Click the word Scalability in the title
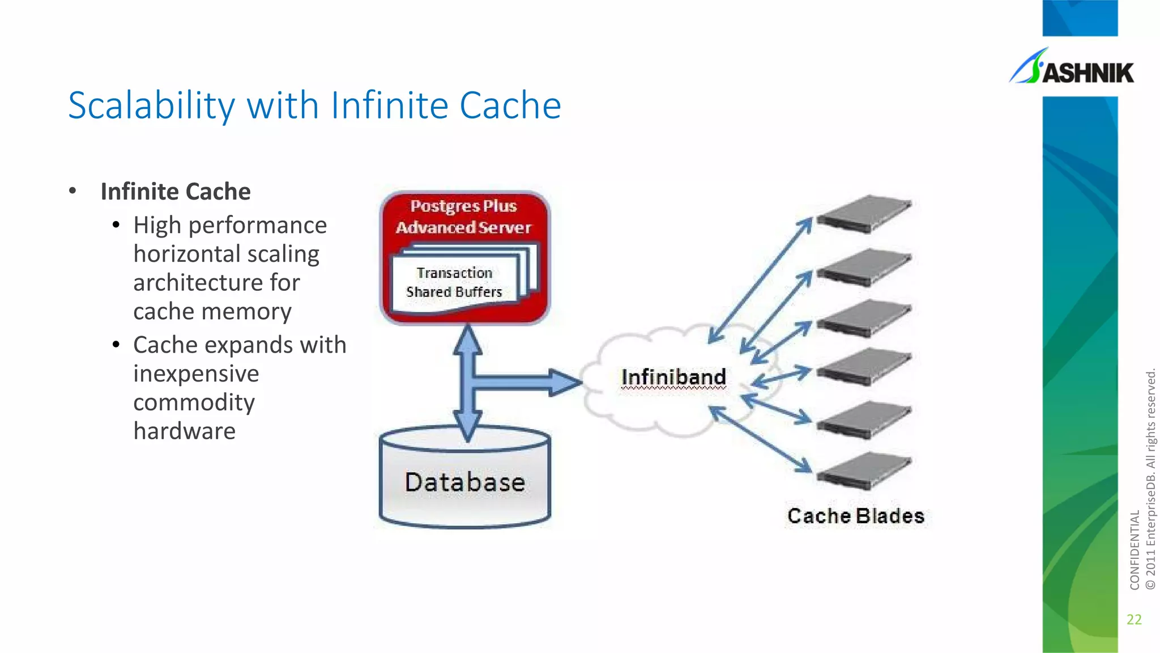tap(151, 106)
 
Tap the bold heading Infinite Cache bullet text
tap(175, 192)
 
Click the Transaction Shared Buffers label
tap(454, 282)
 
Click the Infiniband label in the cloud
tap(673, 377)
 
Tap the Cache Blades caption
tap(855, 516)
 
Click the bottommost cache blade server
tap(864, 470)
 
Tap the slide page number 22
tap(1134, 619)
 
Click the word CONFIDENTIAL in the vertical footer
tap(1134, 550)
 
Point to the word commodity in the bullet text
tap(194, 402)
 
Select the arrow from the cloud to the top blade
tap(760, 281)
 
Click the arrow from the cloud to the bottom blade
tap(760, 439)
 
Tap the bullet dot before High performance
tap(116, 226)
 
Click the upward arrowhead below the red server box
tap(467, 340)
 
